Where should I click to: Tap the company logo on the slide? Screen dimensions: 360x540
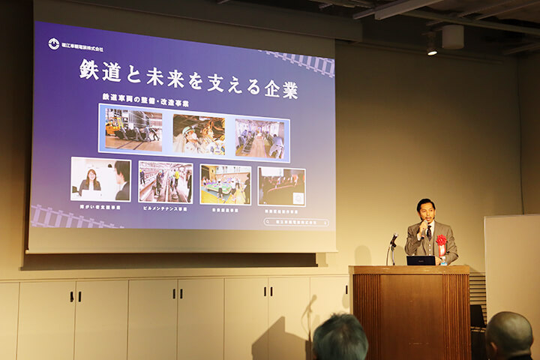click(x=54, y=43)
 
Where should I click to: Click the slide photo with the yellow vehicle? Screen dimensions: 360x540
click(x=133, y=130)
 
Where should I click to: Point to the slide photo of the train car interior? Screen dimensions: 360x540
click(x=260, y=138)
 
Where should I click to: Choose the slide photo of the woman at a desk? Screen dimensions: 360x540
click(x=100, y=179)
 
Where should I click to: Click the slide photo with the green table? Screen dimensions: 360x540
click(x=225, y=184)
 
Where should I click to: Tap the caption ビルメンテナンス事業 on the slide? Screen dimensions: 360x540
click(x=165, y=208)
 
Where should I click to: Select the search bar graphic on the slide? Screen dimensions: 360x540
click(x=297, y=222)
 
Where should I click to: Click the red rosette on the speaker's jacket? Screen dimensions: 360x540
click(x=441, y=242)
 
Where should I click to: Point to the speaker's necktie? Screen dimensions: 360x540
click(x=429, y=233)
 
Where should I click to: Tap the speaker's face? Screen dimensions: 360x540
click(x=426, y=212)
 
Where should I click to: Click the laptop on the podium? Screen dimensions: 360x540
click(x=420, y=260)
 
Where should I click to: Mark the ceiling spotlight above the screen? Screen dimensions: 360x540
click(x=432, y=46)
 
